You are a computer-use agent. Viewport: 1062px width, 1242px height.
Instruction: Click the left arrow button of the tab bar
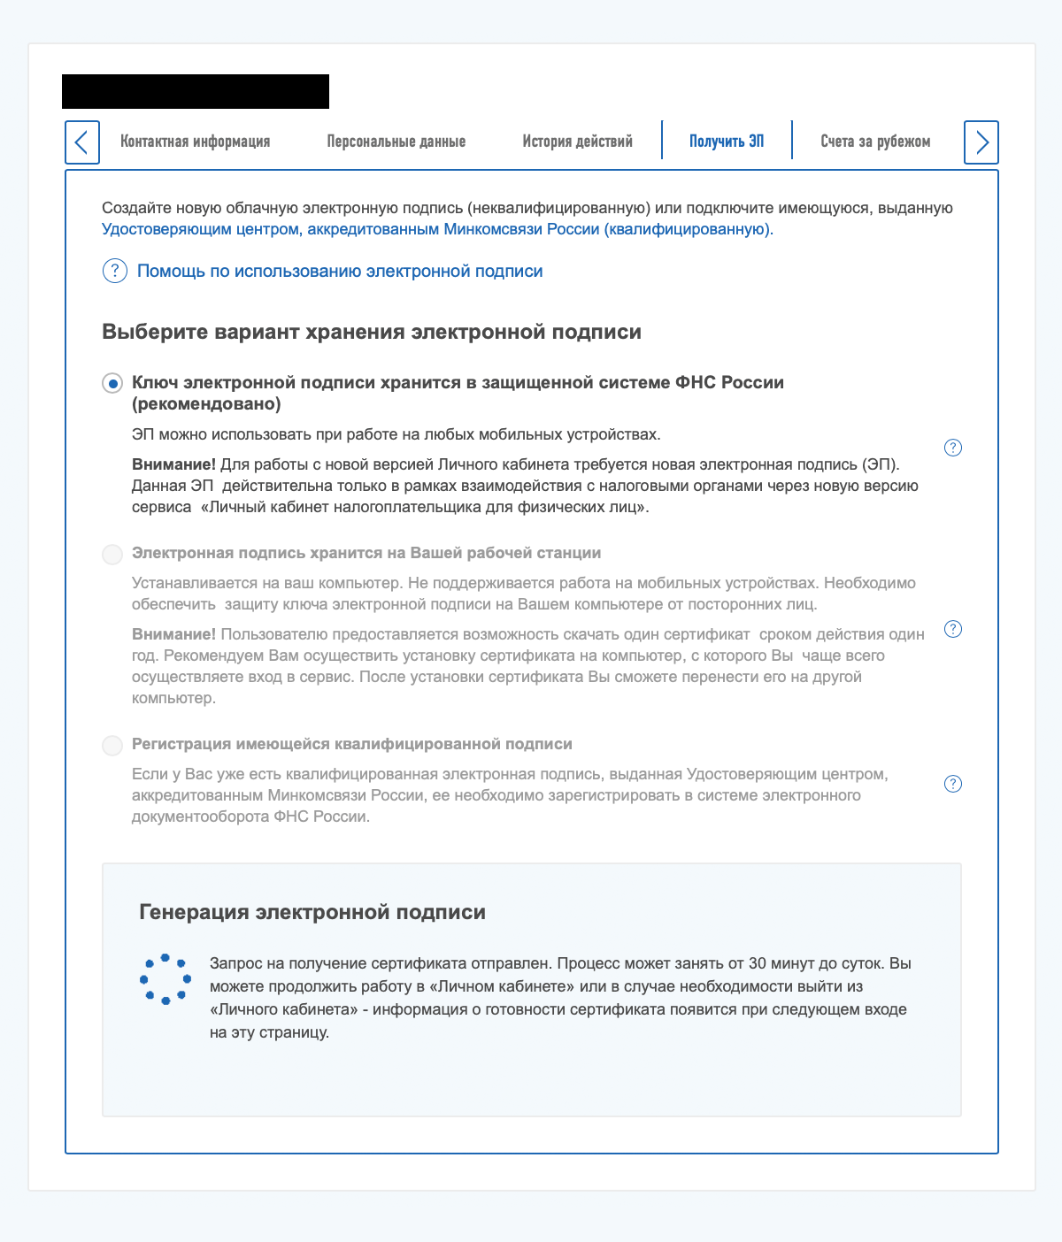click(82, 142)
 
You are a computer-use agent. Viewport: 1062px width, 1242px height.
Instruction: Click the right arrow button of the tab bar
click(981, 142)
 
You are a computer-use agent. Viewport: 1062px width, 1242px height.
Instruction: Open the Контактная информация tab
click(196, 142)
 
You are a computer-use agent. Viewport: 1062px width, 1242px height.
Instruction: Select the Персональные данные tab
click(396, 142)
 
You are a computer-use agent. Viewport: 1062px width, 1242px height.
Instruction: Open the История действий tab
click(577, 142)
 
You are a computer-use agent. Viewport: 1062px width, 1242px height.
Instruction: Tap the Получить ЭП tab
click(727, 142)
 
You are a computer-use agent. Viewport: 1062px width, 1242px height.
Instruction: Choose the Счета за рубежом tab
click(875, 142)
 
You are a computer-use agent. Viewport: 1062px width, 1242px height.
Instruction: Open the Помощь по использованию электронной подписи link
click(340, 272)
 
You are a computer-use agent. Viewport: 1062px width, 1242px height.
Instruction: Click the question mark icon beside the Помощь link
click(115, 272)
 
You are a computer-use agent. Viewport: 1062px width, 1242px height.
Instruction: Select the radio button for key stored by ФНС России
click(112, 384)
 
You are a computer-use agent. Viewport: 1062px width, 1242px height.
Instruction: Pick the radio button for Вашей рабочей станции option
click(112, 555)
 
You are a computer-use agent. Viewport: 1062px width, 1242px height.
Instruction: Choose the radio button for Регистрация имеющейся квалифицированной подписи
click(112, 746)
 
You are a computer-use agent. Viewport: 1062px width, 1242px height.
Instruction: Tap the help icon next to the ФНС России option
click(953, 448)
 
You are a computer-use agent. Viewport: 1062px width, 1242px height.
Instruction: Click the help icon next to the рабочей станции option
click(953, 630)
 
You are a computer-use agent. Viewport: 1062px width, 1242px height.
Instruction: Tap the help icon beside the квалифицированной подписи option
click(953, 785)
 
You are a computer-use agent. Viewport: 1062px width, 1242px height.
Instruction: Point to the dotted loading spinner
click(165, 979)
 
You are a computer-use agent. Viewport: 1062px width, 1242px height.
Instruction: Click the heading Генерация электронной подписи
click(312, 912)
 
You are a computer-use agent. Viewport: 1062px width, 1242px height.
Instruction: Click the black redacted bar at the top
click(196, 92)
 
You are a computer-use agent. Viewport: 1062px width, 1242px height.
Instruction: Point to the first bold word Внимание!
click(173, 464)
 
